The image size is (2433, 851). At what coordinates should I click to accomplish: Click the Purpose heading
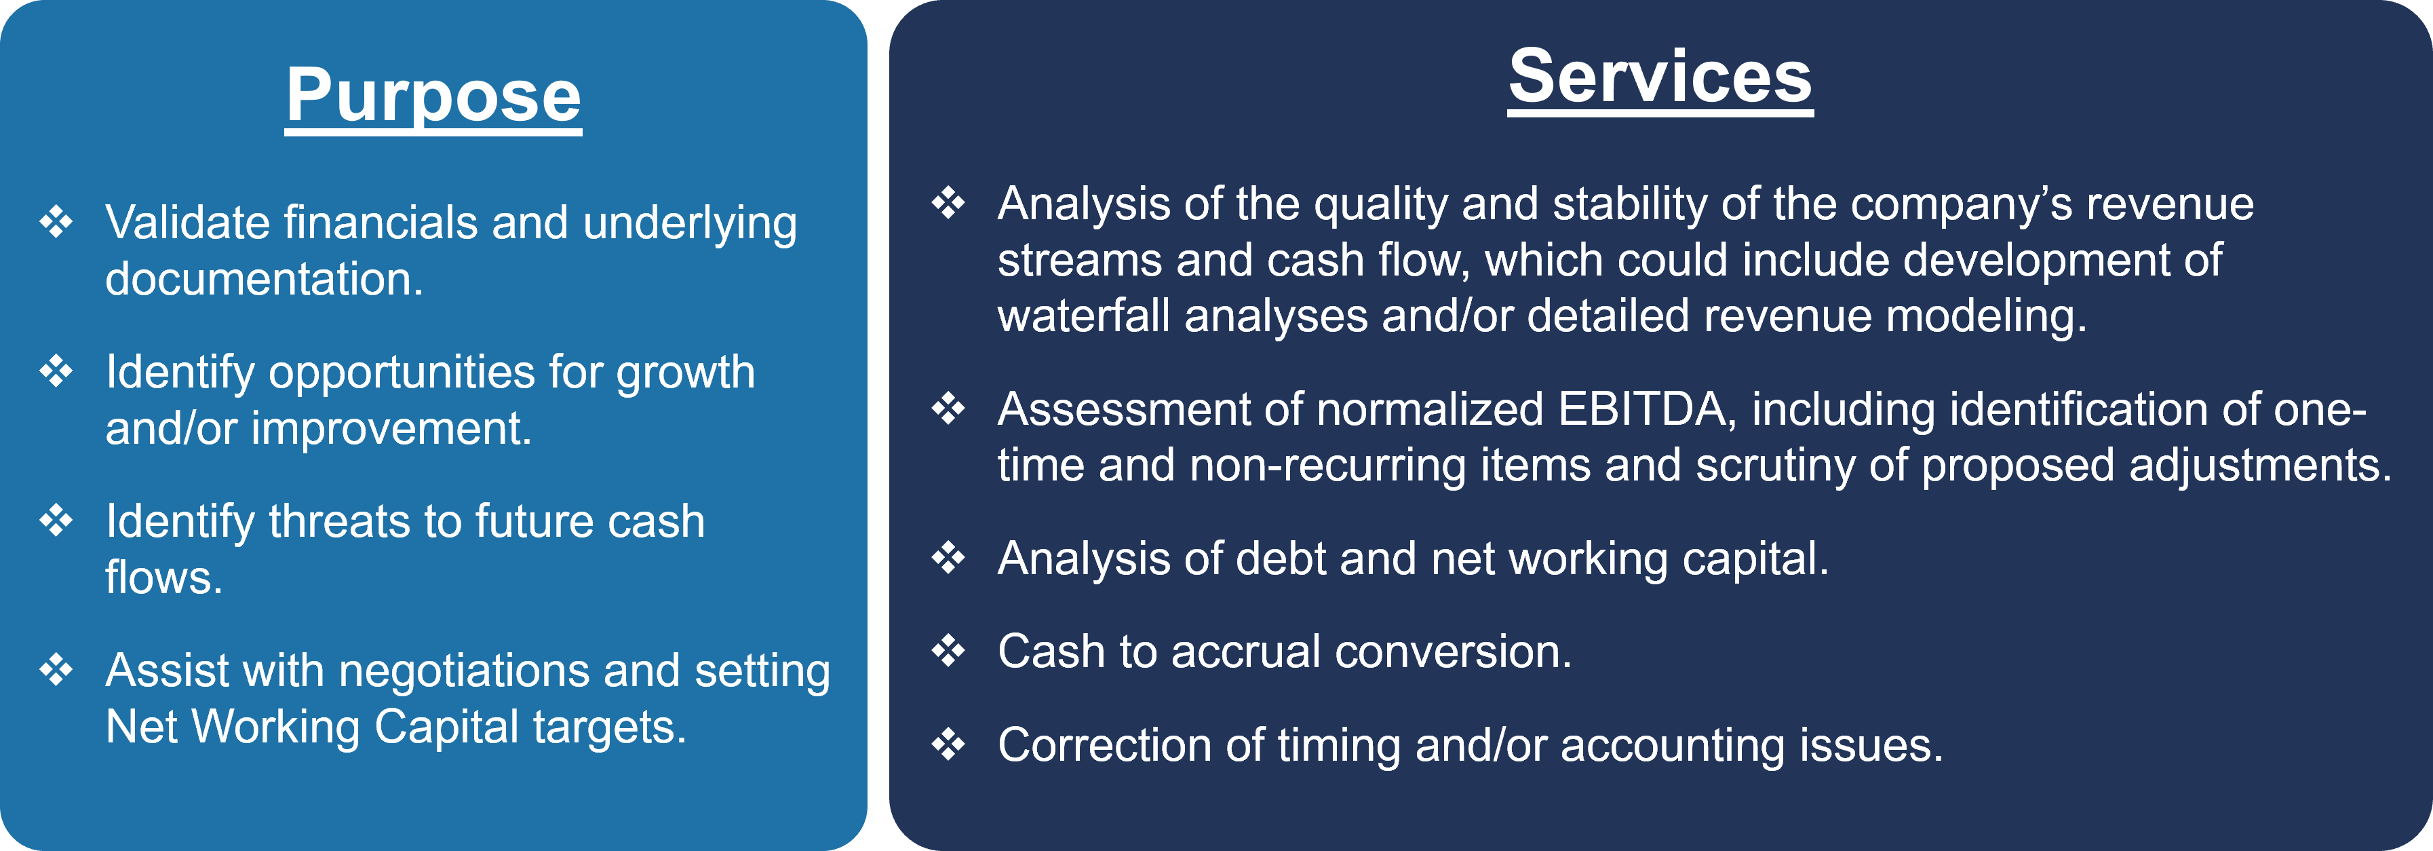433,96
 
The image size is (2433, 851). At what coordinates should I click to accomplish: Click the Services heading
1660,77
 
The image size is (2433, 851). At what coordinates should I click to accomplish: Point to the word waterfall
1085,316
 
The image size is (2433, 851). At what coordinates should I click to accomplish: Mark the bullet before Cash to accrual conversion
948,651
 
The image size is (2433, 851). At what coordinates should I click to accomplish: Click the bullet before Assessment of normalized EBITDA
948,409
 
